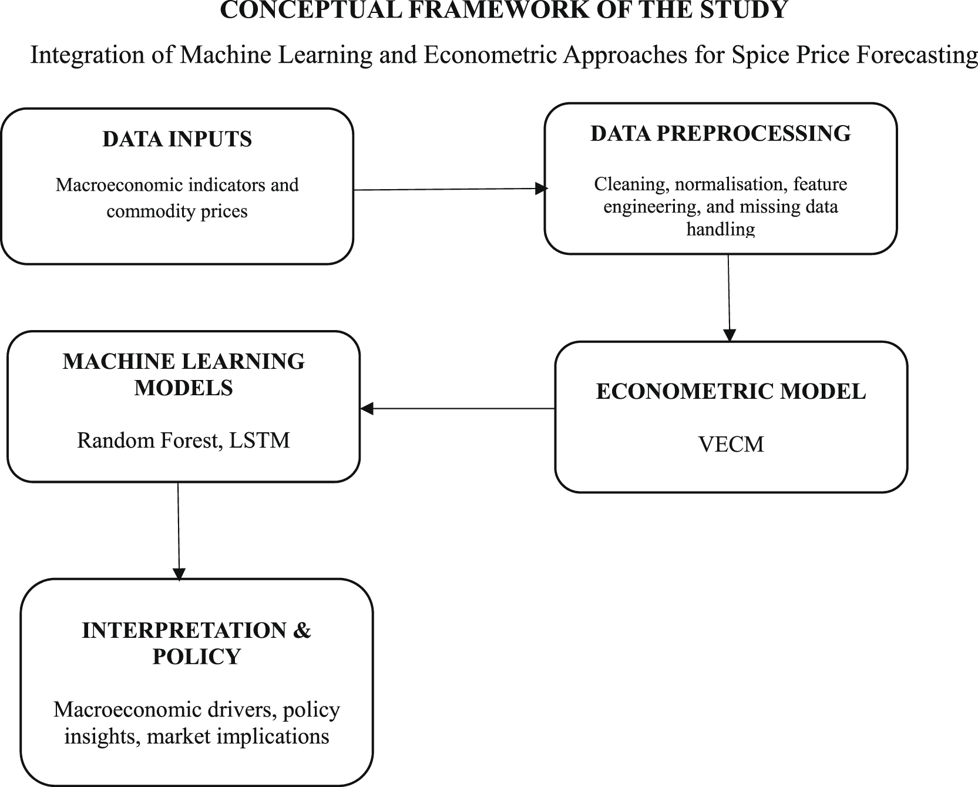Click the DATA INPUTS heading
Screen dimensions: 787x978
tap(177, 139)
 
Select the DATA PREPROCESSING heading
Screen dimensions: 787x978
tap(720, 133)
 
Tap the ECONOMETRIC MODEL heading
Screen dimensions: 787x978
tap(731, 392)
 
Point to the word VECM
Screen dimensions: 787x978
tap(731, 444)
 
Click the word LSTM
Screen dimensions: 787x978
tap(259, 440)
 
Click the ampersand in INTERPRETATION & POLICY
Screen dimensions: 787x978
tap(301, 630)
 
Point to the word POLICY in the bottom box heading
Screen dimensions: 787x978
tap(196, 657)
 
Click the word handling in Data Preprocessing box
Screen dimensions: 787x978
tap(720, 228)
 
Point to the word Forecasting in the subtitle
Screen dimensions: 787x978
tap(917, 55)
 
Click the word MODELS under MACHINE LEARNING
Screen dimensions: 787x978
tap(183, 388)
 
